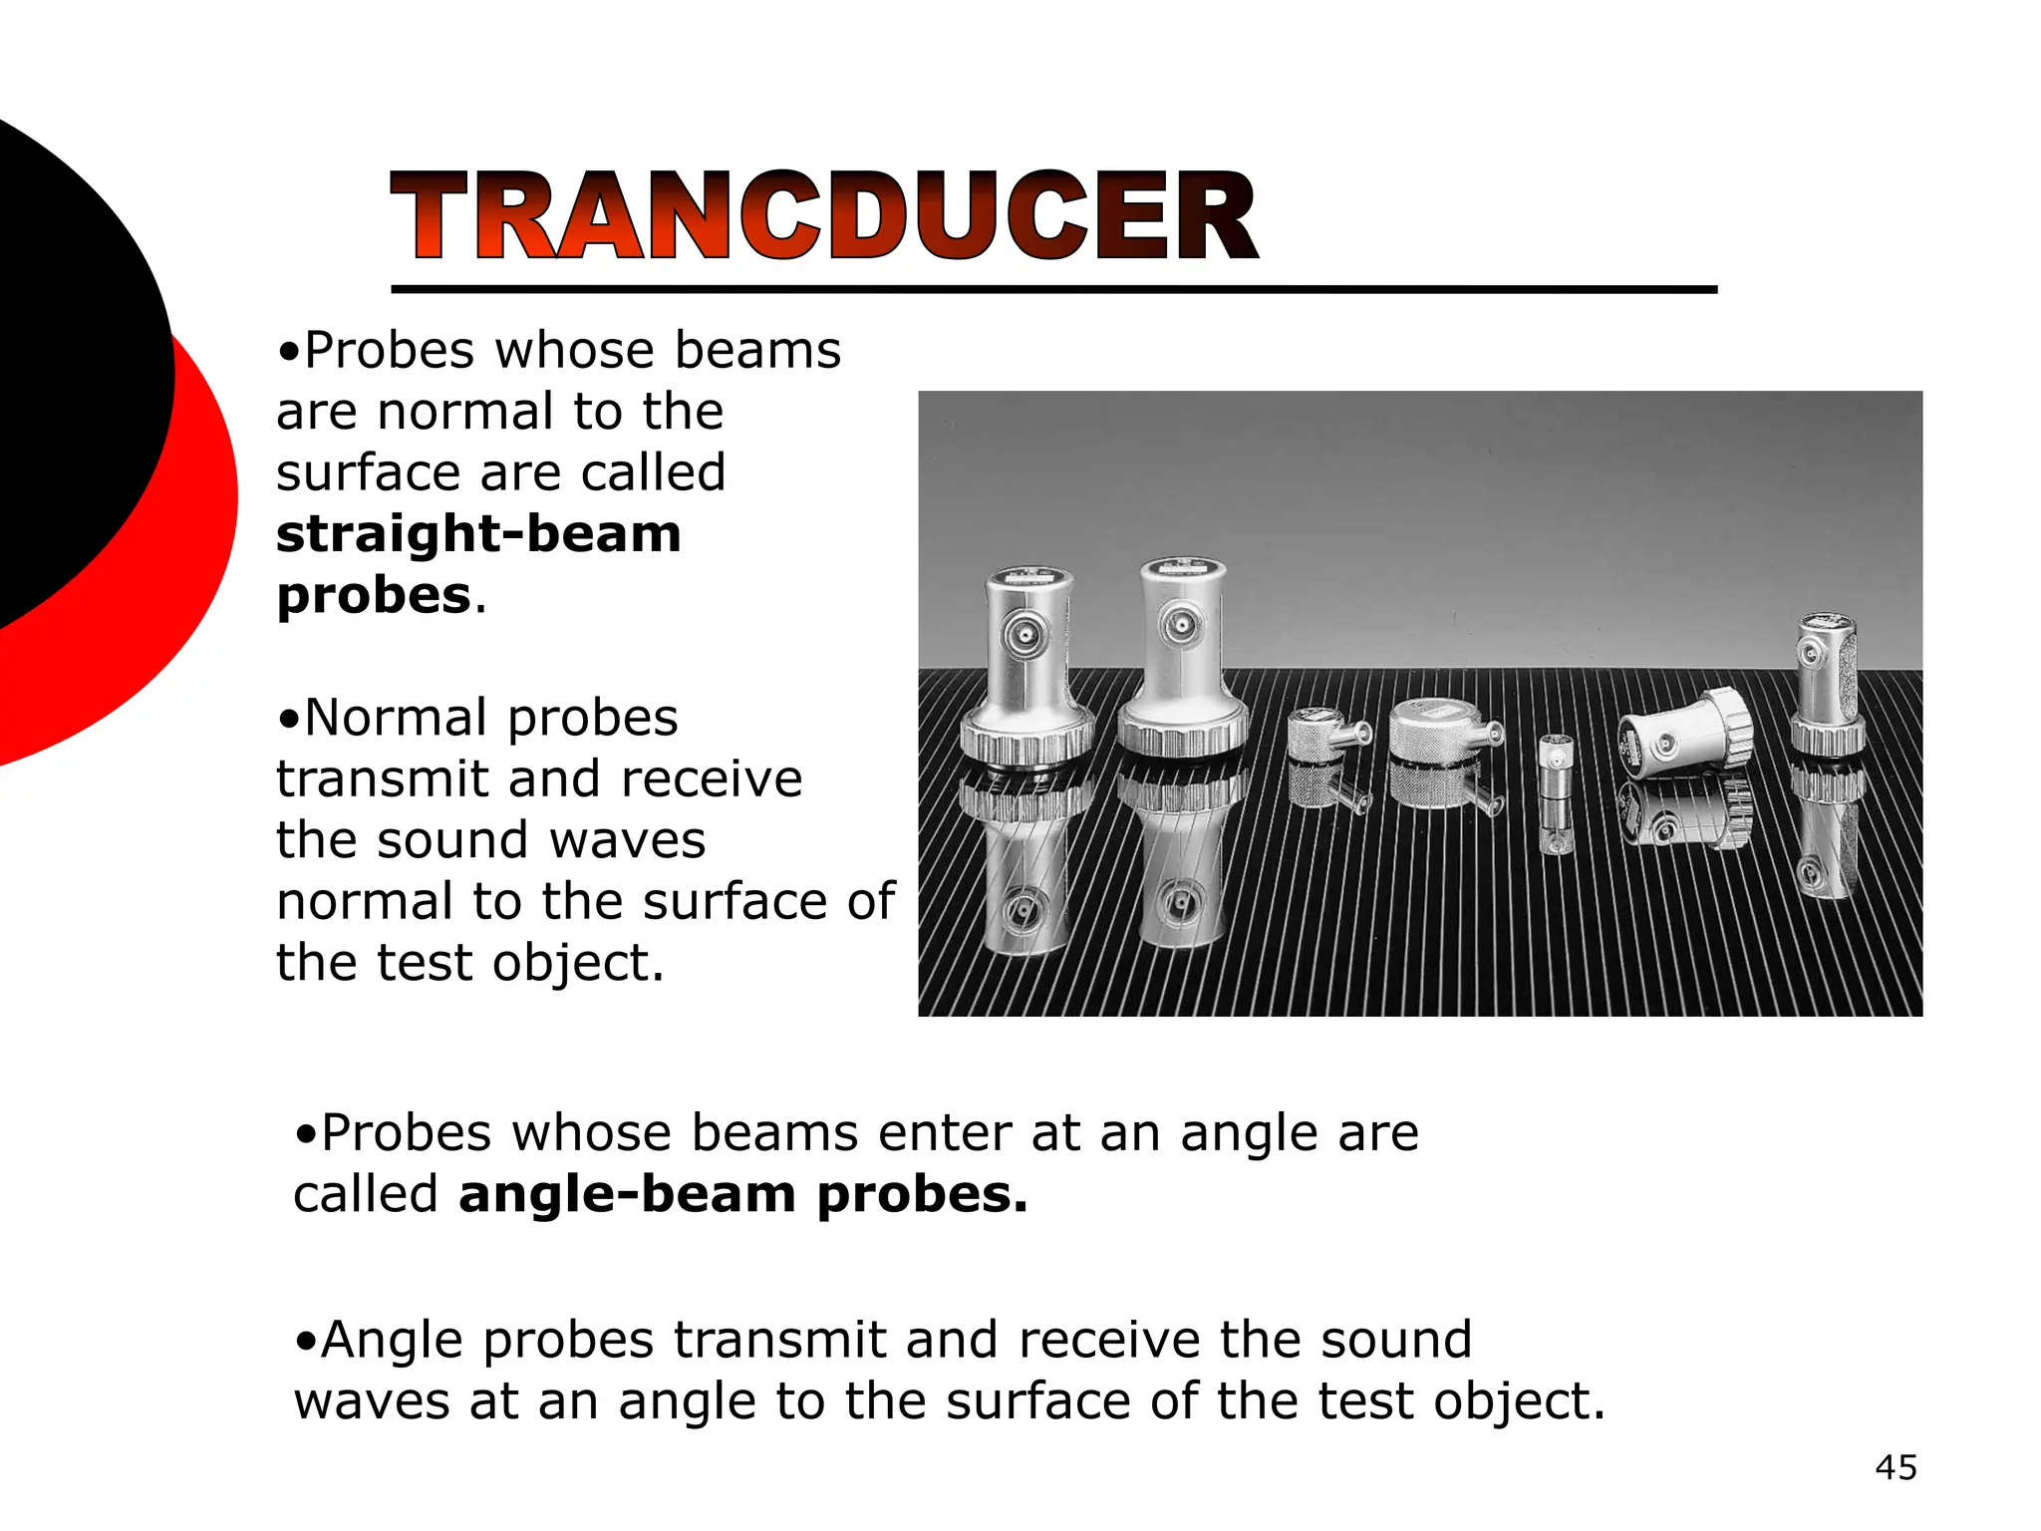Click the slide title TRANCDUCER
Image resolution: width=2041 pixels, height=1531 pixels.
825,215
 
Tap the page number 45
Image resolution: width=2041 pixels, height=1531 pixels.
1895,1467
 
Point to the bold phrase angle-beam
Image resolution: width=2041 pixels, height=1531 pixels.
627,1194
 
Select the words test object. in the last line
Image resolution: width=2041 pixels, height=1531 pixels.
1460,1400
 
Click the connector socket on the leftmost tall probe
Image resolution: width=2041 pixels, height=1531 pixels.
1024,635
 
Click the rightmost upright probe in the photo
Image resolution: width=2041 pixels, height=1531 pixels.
1828,688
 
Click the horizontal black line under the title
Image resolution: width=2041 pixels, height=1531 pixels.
1053,290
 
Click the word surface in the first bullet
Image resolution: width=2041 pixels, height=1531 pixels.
368,472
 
